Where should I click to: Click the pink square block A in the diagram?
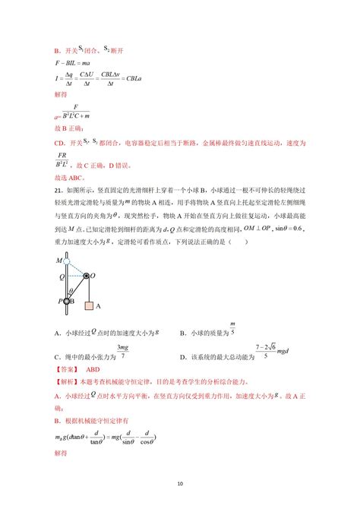point(90,306)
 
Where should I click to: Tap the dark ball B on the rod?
point(68,302)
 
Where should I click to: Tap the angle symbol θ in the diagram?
point(73,289)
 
